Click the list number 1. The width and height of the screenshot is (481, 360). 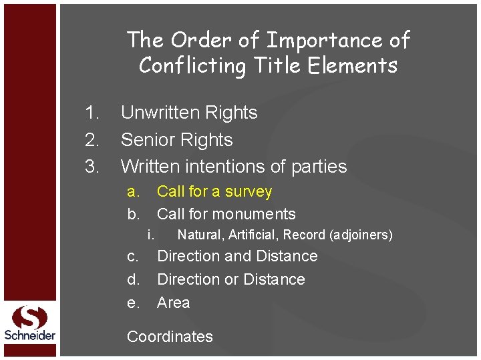[x=92, y=113]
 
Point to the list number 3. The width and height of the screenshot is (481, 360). [x=92, y=167]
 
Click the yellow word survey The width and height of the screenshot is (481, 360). [x=249, y=192]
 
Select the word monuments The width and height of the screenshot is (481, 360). [x=259, y=214]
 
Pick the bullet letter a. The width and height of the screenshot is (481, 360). [x=133, y=192]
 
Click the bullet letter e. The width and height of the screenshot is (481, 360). [x=133, y=303]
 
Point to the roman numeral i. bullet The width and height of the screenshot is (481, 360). [x=150, y=235]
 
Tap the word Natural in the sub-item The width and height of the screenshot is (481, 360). [x=200, y=235]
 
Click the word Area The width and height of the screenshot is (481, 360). [x=173, y=303]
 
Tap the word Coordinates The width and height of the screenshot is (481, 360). [x=170, y=337]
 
